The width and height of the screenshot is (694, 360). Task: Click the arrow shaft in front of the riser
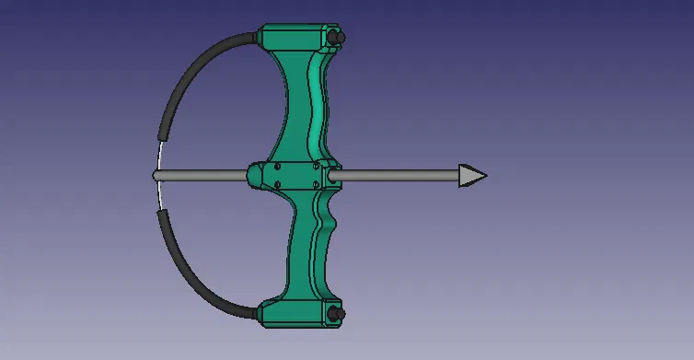click(396, 175)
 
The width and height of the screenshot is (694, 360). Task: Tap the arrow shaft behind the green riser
click(202, 175)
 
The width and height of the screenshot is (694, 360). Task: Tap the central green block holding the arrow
click(293, 175)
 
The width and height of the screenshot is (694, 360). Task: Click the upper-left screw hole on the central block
click(274, 167)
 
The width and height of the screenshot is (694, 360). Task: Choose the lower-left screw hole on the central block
click(274, 184)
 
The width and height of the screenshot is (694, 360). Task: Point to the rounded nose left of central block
click(253, 175)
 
